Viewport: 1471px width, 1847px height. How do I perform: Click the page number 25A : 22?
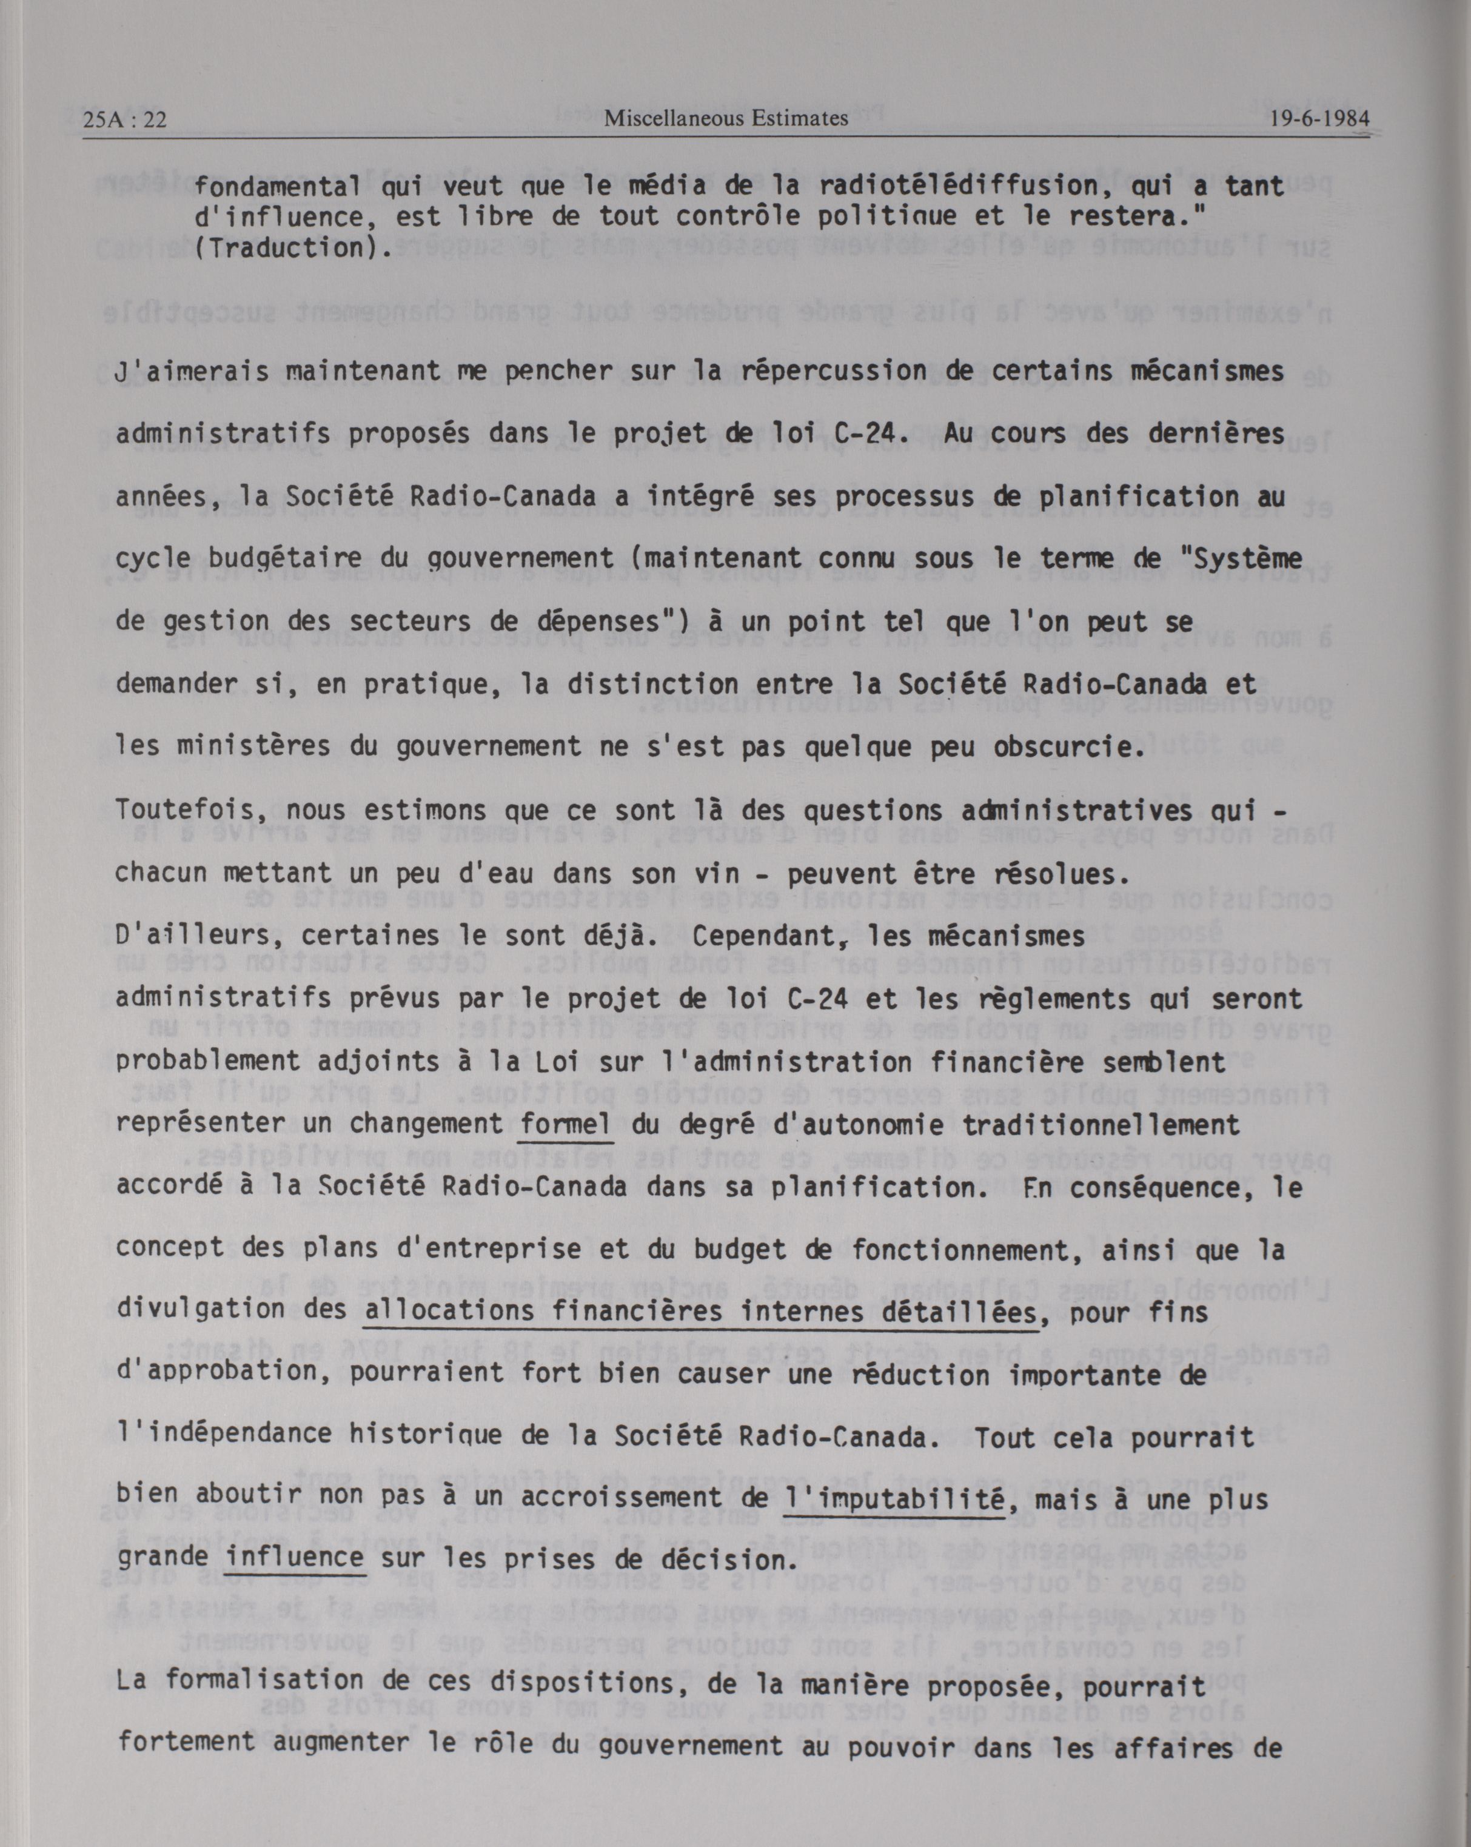coord(125,120)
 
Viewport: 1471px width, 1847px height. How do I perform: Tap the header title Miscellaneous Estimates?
coord(726,118)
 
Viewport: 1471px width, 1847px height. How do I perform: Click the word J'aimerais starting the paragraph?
coord(191,372)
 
